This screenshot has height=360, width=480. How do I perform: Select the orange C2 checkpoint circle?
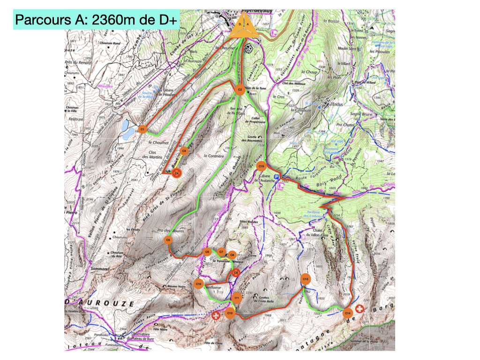pos(240,89)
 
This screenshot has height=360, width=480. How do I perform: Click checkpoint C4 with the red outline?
pos(177,173)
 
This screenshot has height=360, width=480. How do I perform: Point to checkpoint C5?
pos(168,240)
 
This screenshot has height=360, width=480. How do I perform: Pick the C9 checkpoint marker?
pos(236,272)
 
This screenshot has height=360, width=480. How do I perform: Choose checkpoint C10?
pos(198,284)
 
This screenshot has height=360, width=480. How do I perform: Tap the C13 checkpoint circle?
pos(305,279)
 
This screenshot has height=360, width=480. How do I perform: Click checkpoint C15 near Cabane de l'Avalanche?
pos(262,166)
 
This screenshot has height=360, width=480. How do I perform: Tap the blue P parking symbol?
pos(277,177)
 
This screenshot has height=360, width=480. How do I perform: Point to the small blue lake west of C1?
pos(127,130)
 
